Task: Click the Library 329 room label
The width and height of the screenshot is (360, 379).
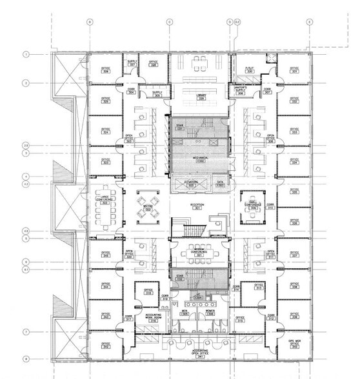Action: pyautogui.click(x=200, y=98)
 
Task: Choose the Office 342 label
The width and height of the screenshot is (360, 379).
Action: pyautogui.click(x=106, y=346)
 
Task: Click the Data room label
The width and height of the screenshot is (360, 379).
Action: pyautogui.click(x=220, y=184)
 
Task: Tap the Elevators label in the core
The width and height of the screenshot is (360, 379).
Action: pyautogui.click(x=191, y=183)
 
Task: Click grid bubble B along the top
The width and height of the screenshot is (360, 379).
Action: pyautogui.click(x=90, y=22)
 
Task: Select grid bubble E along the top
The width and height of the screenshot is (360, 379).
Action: pyautogui.click(x=309, y=22)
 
